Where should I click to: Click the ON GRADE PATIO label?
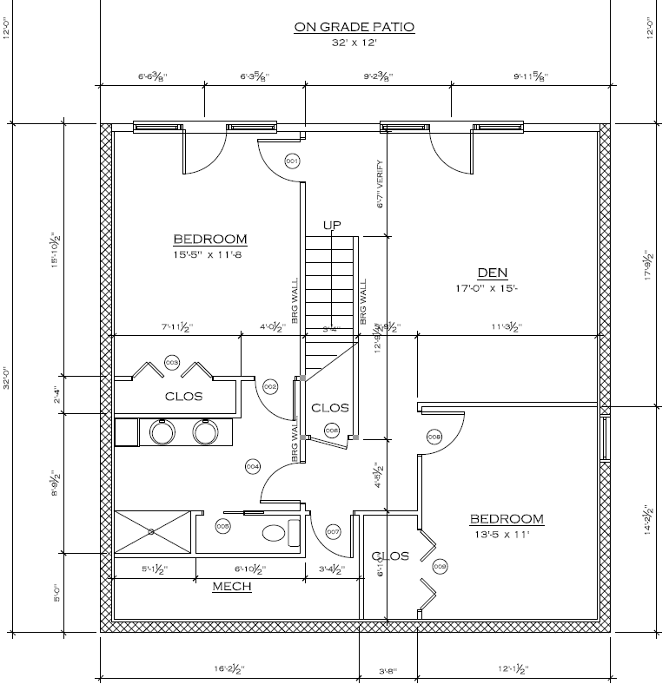coord(354,27)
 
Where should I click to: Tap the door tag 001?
coord(292,161)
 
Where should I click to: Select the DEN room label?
coord(492,272)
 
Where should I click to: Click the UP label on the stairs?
coord(332,226)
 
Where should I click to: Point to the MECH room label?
coord(232,587)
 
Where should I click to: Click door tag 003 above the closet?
coord(172,362)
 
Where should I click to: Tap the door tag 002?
coord(269,386)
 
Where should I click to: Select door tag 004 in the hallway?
coord(253,467)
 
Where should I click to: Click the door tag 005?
coord(222,526)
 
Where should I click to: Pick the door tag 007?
coord(333,531)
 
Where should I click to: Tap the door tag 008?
coord(434,437)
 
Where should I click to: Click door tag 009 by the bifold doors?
coord(439,567)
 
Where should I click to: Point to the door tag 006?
coord(331,431)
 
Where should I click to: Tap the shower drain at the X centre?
coord(151,531)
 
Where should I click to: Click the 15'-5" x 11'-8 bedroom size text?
coord(210,255)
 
